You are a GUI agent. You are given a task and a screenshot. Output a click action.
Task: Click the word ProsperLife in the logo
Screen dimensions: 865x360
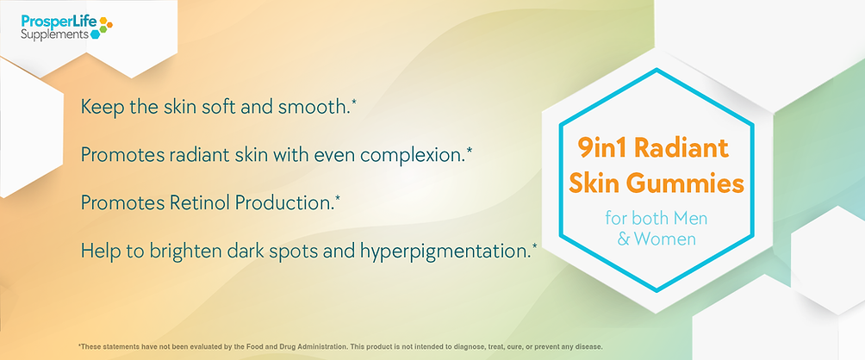tap(59, 22)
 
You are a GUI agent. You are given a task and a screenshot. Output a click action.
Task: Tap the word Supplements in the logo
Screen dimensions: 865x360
tap(54, 34)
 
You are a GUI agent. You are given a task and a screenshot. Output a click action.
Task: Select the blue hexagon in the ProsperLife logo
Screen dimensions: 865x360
tap(95, 34)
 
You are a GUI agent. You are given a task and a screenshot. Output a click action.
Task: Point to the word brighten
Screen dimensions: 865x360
tap(186, 251)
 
